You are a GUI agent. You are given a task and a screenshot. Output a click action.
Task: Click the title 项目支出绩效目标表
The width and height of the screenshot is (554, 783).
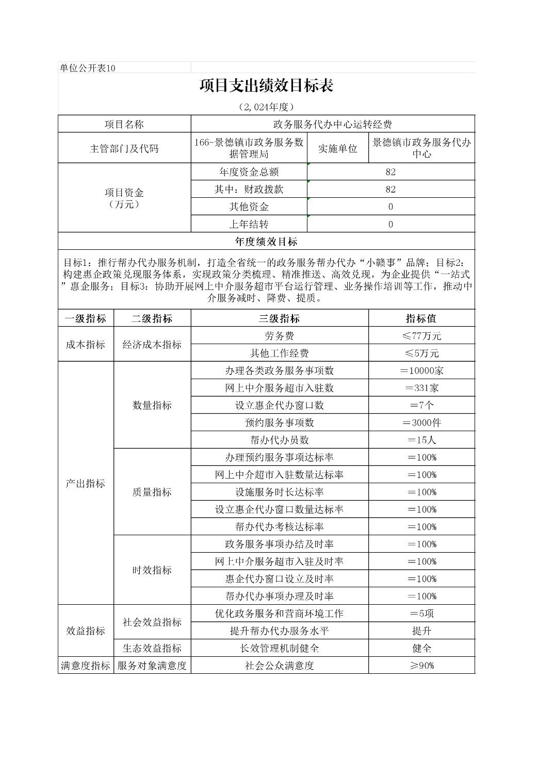pos(266,86)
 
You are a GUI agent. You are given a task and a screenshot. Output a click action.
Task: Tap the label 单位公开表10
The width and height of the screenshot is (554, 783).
pos(88,68)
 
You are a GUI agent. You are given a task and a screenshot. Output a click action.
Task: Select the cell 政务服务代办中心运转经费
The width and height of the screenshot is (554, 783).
pos(332,124)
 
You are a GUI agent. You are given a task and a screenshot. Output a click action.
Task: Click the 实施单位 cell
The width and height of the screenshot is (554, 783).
pos(337,148)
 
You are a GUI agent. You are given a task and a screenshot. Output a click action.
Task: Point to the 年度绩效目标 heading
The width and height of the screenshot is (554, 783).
pos(266,241)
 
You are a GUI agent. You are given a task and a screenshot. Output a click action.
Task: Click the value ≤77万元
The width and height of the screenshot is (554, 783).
pos(421,336)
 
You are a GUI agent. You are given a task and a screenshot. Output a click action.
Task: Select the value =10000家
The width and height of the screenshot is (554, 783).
pos(421,370)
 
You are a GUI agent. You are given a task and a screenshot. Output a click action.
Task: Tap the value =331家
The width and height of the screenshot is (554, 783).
pos(421,388)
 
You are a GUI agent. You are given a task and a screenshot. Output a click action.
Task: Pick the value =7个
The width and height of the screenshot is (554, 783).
pos(421,405)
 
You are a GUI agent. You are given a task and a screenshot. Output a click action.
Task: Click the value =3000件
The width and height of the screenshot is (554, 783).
pos(421,422)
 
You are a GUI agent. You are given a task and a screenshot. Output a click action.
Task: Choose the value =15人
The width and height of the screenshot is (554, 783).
pos(421,440)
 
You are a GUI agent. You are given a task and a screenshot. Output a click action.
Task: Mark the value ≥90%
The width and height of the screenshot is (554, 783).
pos(421,665)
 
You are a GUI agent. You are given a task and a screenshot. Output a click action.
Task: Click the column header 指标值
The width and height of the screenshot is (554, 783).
pos(421,318)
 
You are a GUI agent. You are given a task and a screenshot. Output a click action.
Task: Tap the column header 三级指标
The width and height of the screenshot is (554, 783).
pos(279,318)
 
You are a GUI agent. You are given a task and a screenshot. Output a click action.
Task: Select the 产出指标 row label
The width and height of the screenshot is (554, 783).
pos(86,483)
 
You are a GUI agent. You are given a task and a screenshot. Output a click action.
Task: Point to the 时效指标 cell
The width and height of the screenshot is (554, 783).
pos(152,570)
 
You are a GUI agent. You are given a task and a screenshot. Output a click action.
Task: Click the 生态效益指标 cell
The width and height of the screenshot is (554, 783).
pos(152,648)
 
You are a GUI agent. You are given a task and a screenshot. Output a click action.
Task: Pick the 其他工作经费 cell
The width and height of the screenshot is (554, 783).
pos(279,353)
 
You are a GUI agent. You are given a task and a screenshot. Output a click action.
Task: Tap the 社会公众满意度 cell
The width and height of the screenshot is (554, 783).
pos(279,665)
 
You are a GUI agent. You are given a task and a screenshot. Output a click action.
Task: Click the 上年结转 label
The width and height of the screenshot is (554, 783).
pos(249,224)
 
